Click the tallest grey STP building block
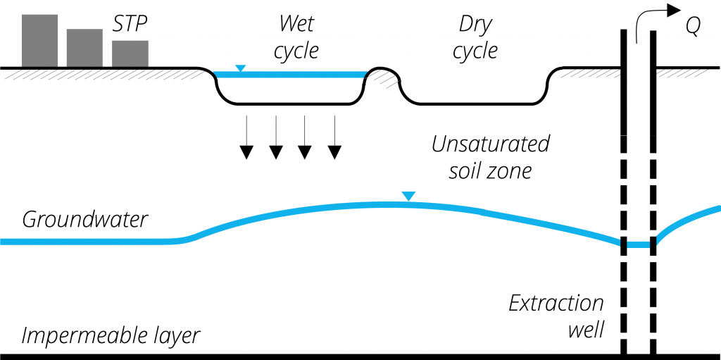pyautogui.click(x=39, y=41)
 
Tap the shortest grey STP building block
pyautogui.click(x=130, y=54)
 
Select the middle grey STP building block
pyautogui.click(x=84, y=48)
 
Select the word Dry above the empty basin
pyautogui.click(x=475, y=25)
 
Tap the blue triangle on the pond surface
pyautogui.click(x=241, y=68)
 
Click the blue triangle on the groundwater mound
pyautogui.click(x=408, y=196)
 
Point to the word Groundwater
pyautogui.click(x=85, y=219)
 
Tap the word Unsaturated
pyautogui.click(x=490, y=144)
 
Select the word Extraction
pyautogui.click(x=556, y=304)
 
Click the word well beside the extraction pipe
pyautogui.click(x=585, y=329)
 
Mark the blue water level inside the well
pyautogui.click(x=639, y=244)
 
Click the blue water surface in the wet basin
pyautogui.click(x=296, y=74)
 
